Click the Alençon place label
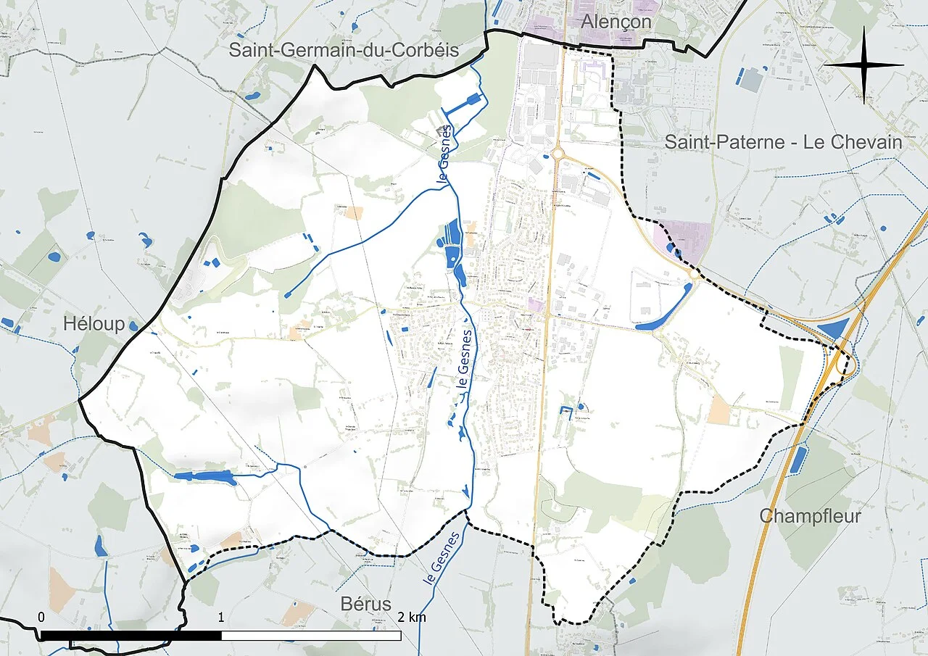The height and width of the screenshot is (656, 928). [x=616, y=22]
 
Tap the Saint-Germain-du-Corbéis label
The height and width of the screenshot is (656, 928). [x=344, y=50]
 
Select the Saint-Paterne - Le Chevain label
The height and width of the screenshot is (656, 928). [x=783, y=142]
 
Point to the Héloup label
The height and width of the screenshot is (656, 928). [x=94, y=324]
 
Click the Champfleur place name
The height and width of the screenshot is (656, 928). [x=810, y=516]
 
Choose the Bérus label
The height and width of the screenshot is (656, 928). [x=365, y=604]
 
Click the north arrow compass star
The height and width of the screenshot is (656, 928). [x=863, y=65]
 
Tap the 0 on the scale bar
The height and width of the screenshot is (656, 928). [x=41, y=618]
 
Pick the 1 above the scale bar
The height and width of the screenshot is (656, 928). [x=220, y=618]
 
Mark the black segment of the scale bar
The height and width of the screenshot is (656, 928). [x=130, y=636]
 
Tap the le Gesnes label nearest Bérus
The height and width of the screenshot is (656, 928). [x=441, y=560]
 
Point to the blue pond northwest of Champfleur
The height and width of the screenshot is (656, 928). [x=797, y=460]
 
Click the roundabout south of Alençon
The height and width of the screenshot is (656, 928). [x=558, y=153]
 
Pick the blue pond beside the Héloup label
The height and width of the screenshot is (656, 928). [x=133, y=325]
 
